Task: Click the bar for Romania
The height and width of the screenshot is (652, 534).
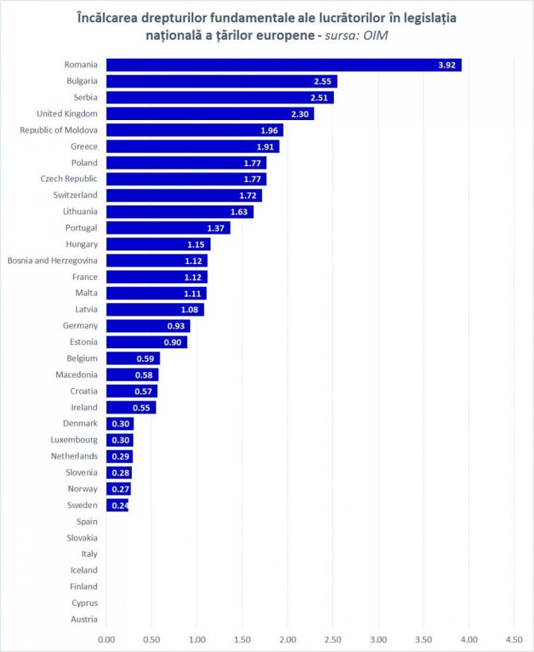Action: (x=283, y=65)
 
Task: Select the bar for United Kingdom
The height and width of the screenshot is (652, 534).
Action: (x=210, y=114)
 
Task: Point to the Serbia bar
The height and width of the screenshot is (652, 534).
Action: (x=219, y=98)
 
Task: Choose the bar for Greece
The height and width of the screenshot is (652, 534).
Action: (x=192, y=146)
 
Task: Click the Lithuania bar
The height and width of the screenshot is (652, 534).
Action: (x=180, y=212)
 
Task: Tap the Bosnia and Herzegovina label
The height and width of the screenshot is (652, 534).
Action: (x=52, y=260)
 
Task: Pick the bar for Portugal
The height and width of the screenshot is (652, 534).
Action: (x=168, y=227)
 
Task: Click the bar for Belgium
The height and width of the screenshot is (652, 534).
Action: (x=133, y=358)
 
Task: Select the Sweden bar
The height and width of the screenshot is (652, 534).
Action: (x=117, y=505)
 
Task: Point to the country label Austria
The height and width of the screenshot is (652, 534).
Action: (x=84, y=619)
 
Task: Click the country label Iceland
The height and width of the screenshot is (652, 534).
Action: (x=84, y=570)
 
